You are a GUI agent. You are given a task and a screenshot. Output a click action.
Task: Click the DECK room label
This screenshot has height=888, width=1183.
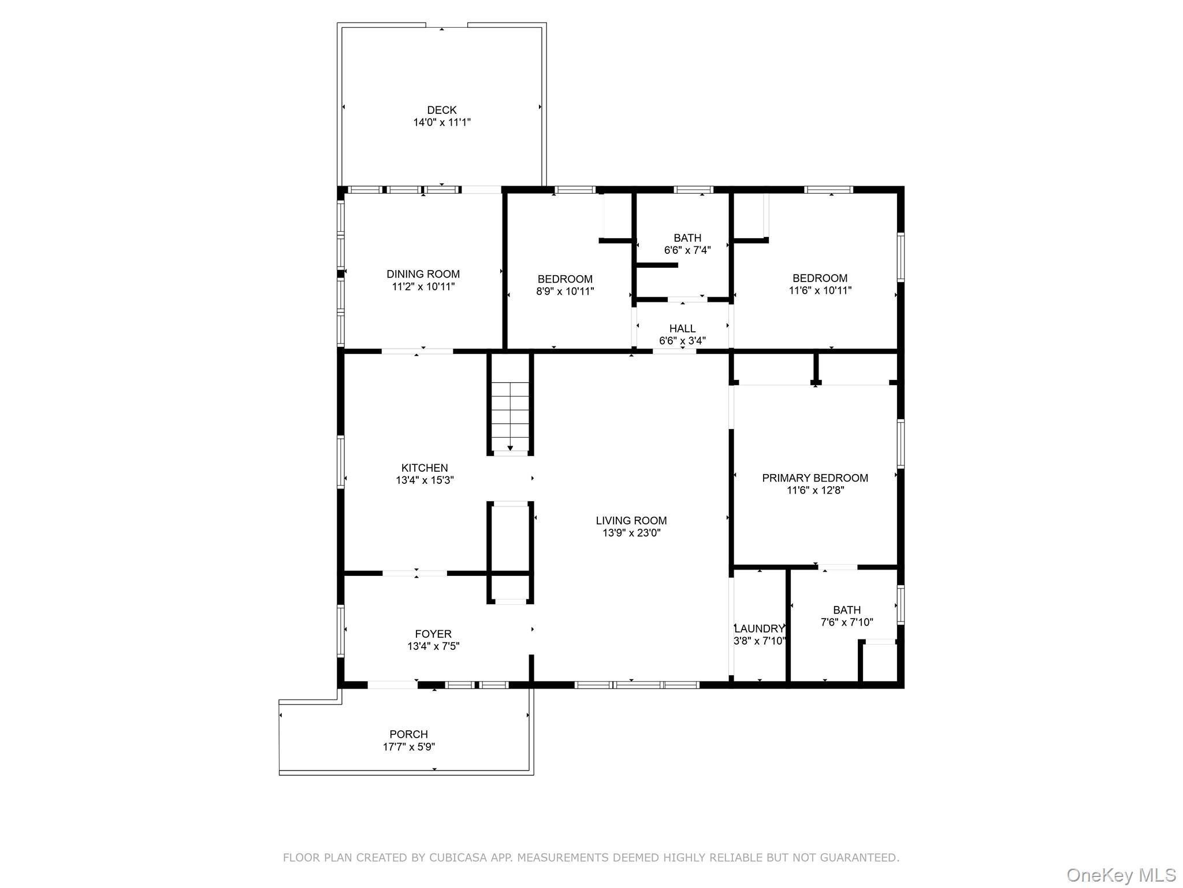(441, 110)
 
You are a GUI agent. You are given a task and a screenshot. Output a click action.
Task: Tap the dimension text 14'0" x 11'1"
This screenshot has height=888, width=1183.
(441, 123)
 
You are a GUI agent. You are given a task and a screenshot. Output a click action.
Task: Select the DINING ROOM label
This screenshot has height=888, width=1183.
(423, 274)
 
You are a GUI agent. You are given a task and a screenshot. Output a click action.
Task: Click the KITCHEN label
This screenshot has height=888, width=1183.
(425, 468)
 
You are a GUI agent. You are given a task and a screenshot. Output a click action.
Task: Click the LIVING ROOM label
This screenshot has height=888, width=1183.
(631, 520)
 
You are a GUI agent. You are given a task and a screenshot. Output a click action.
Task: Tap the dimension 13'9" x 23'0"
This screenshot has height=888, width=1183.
(631, 533)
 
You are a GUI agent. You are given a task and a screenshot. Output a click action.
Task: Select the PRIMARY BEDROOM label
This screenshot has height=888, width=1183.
(815, 478)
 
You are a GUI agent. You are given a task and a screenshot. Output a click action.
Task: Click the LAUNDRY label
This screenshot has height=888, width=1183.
(760, 629)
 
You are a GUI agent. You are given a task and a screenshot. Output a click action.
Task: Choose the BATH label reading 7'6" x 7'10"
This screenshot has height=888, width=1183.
(847, 610)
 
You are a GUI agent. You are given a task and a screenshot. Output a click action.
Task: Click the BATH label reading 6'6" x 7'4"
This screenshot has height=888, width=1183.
(687, 238)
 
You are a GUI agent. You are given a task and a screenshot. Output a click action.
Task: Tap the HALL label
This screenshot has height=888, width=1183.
(682, 328)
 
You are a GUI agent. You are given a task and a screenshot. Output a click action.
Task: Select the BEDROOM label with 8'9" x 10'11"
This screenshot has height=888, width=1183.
(565, 279)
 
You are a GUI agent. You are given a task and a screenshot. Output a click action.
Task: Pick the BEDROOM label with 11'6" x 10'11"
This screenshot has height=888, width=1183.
(820, 278)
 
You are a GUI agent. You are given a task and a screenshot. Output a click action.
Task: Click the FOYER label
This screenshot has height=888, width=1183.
(433, 634)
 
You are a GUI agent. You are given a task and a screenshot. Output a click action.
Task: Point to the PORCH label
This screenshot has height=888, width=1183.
(408, 734)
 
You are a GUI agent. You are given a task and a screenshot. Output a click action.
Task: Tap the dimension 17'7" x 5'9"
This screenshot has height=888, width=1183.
(408, 747)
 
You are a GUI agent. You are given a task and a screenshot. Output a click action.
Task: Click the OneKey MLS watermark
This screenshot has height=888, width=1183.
(1121, 875)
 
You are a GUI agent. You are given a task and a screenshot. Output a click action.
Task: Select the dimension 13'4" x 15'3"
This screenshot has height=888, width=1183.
(425, 480)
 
